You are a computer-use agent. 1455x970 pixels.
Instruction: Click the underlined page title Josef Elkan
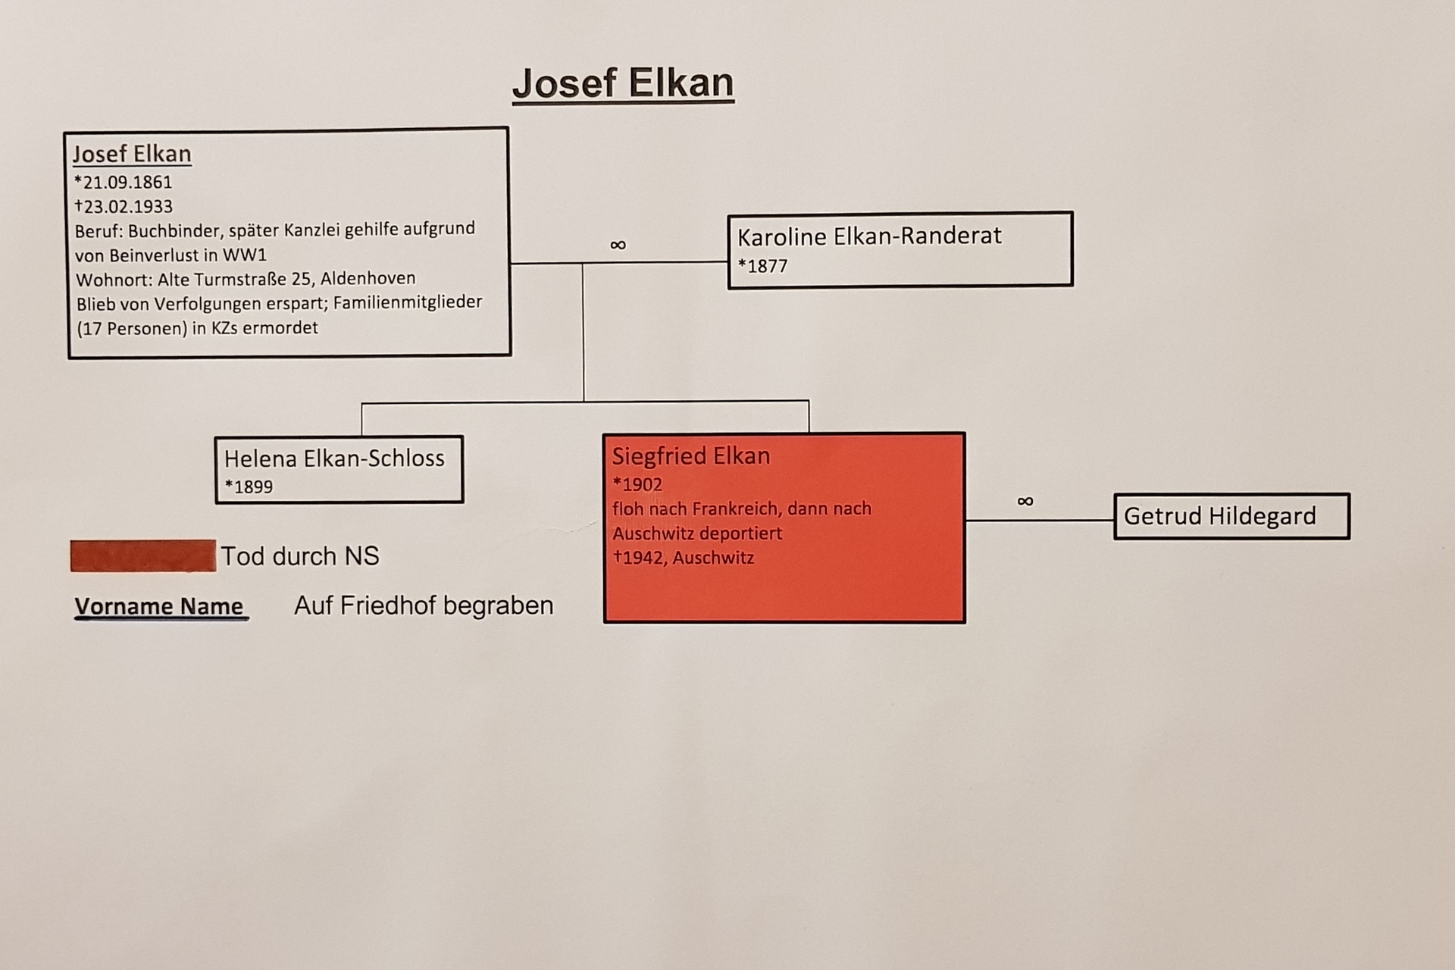623,83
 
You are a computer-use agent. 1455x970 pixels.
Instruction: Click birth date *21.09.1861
123,182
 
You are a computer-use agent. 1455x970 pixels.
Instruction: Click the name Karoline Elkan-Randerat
869,236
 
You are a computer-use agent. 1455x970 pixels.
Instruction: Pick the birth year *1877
762,266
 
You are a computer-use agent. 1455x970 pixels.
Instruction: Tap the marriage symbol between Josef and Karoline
618,245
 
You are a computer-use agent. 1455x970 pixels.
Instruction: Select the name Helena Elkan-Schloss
334,458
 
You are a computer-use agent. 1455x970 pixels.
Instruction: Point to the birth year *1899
249,487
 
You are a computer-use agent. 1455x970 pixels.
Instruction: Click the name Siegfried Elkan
691,456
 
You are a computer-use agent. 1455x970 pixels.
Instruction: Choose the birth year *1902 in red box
637,484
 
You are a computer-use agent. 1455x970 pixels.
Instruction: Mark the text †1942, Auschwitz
684,558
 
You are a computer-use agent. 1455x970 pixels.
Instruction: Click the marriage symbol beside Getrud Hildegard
1025,501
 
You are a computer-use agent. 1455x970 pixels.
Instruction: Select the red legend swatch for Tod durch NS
143,555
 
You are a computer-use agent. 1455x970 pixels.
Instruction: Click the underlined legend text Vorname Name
159,607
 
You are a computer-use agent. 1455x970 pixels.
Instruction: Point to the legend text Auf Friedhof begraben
424,605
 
